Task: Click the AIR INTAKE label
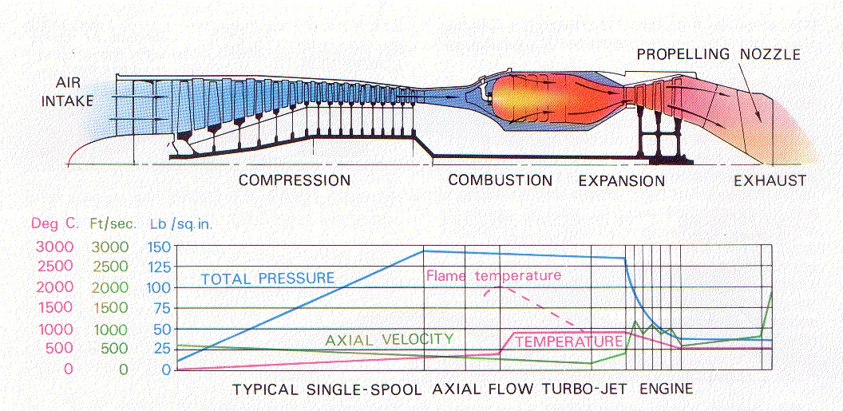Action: click(x=74, y=91)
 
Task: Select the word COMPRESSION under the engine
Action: click(x=295, y=180)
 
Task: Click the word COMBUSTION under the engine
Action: click(x=500, y=180)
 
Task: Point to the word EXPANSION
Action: click(x=622, y=181)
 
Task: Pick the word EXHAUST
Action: click(x=770, y=181)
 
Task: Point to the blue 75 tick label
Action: click(x=164, y=308)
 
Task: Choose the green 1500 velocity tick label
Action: click(x=109, y=308)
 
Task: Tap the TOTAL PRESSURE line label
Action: click(x=267, y=279)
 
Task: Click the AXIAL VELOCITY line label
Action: click(x=389, y=338)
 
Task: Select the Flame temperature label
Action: click(x=493, y=276)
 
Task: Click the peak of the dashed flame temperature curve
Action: click(x=497, y=287)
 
